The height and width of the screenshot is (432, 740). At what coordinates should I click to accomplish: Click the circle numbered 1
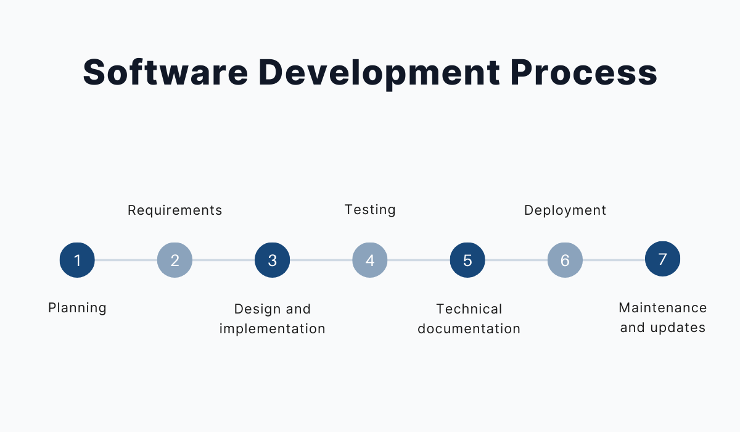[x=77, y=260]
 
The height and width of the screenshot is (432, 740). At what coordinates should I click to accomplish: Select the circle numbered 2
[x=175, y=260]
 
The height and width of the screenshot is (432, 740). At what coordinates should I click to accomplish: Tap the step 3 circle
[x=272, y=260]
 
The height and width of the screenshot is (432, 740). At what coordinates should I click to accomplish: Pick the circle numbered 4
[x=370, y=260]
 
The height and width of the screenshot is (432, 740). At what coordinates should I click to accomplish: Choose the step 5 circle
[x=467, y=260]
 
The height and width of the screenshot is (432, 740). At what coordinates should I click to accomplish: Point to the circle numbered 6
[x=565, y=260]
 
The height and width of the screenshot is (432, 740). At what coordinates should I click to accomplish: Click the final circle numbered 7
[x=663, y=259]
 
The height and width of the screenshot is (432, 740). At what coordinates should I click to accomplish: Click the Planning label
[x=77, y=308]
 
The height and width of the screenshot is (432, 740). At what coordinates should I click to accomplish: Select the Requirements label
[x=175, y=210]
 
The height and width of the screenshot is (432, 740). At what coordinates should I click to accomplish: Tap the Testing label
[x=370, y=210]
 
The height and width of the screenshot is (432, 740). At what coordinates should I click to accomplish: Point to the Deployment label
[x=565, y=210]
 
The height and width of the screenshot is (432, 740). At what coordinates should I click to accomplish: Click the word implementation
[x=272, y=329]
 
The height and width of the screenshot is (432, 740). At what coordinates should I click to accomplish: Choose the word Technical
[x=469, y=309]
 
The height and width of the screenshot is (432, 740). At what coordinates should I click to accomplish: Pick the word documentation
[x=469, y=329]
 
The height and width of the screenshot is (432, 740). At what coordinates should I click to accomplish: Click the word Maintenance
[x=663, y=308]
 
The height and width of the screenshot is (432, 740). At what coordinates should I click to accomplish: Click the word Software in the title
[x=165, y=72]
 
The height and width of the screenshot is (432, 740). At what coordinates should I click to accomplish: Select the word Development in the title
[x=379, y=73]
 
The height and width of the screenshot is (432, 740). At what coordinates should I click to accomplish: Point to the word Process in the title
[x=584, y=72]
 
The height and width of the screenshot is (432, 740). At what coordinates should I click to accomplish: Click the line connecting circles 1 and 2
[x=126, y=260]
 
